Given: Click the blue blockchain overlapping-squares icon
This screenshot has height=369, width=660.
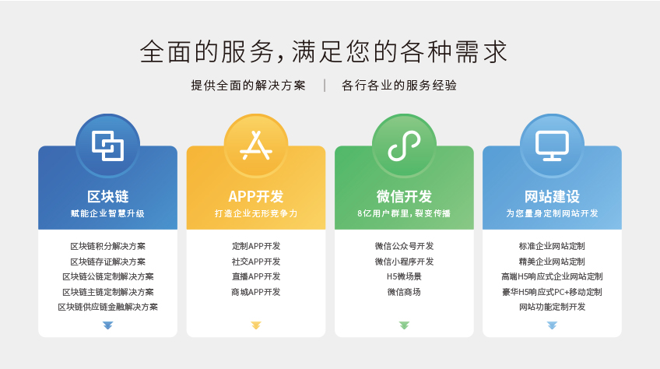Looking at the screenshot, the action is click(107, 146).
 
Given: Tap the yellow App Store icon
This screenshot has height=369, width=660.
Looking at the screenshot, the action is click(256, 146).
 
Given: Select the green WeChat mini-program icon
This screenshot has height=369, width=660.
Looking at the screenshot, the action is click(404, 146).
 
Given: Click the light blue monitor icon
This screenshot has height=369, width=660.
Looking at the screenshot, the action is click(553, 146).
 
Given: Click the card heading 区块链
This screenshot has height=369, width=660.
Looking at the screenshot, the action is click(107, 196).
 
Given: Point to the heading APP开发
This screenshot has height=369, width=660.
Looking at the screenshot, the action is click(256, 196).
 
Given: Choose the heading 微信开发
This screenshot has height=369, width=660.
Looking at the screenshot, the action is click(404, 196).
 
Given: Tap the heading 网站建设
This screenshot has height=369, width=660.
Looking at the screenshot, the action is click(553, 196).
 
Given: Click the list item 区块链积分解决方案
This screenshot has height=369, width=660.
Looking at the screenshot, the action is click(107, 246).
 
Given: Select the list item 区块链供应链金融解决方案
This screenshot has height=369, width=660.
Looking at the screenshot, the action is click(107, 307).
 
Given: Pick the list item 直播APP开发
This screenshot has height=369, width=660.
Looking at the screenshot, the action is click(256, 277).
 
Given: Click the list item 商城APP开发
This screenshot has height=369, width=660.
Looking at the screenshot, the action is click(256, 292).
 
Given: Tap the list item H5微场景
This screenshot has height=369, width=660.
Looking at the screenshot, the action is click(404, 277).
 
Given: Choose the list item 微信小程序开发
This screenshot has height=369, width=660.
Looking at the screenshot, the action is click(404, 262).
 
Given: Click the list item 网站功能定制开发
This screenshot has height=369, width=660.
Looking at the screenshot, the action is click(553, 307).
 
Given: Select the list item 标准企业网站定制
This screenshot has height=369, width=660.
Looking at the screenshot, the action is click(553, 246).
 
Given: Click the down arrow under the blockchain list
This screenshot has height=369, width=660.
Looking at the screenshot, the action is click(107, 325).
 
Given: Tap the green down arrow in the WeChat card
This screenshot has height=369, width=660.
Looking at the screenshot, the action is click(404, 325).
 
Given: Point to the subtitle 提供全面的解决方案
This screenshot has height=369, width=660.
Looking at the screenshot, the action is click(248, 86).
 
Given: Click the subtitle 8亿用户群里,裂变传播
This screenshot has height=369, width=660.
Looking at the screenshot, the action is click(404, 213).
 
